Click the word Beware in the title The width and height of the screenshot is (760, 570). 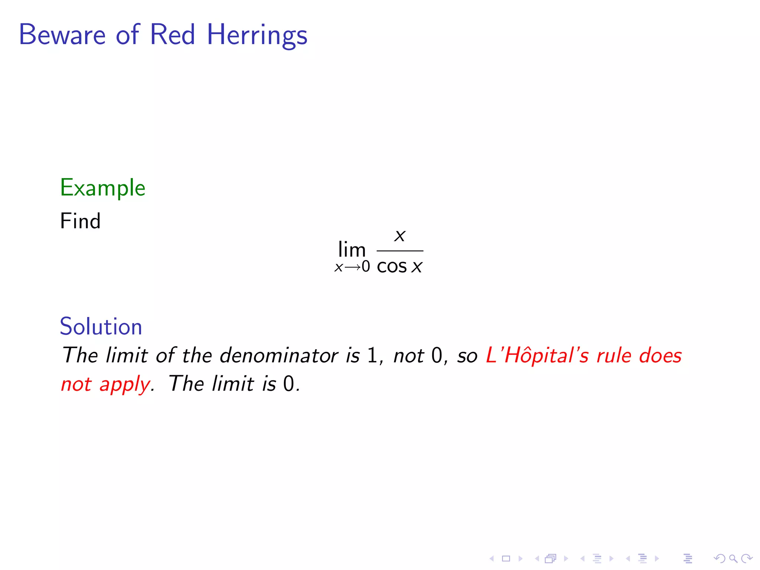point(62,35)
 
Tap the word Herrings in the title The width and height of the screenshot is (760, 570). point(257,35)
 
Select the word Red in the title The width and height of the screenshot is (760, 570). point(172,35)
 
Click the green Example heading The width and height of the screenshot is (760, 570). point(102,188)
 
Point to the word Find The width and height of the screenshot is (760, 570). point(80,221)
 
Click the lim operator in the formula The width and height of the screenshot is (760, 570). point(352,249)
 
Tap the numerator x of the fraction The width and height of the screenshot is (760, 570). point(400,236)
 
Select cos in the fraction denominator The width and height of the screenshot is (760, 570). point(392,266)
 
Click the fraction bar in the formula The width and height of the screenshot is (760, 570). point(400,251)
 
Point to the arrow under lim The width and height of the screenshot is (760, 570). point(353,267)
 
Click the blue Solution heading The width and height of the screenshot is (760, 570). point(101,327)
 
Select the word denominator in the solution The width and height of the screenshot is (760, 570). point(279,356)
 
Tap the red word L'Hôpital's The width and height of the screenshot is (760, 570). point(537,356)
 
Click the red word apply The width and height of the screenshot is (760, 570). point(125,384)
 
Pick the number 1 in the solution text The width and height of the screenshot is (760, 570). point(372,356)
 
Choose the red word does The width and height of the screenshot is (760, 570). point(660,356)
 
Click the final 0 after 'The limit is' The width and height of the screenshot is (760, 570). point(288,384)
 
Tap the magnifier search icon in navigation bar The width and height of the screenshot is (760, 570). point(733,558)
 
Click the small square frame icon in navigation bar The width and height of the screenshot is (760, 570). point(506,558)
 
